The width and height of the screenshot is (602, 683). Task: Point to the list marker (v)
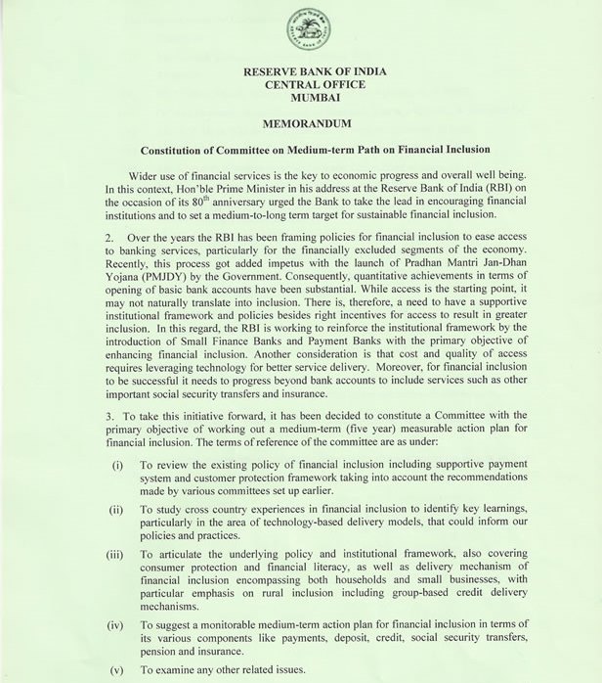click(x=116, y=672)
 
